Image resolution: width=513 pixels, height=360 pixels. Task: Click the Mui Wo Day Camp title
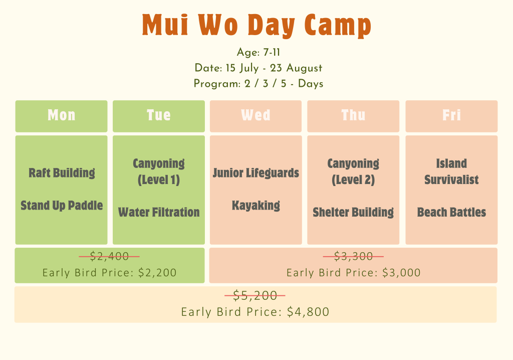256,25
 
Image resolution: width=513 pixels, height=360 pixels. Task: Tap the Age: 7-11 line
258,53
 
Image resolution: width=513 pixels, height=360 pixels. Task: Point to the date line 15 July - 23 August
258,68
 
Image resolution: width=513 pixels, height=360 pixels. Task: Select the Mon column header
62,115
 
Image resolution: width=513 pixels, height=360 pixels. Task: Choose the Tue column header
159,115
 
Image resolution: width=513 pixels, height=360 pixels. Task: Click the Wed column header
255,115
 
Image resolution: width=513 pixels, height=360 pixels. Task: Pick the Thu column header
353,115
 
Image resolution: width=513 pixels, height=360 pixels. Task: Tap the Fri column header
451,115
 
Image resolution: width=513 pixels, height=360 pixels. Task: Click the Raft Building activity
62,173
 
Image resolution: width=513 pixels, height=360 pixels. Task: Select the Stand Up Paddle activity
62,206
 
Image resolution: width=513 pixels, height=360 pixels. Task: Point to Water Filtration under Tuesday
159,212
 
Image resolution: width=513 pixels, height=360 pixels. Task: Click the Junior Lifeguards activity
256,173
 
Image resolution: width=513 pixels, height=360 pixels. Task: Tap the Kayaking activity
256,206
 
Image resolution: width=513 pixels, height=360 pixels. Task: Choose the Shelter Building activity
353,212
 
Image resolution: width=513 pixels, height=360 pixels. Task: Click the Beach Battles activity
451,212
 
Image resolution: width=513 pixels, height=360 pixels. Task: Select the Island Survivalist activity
451,171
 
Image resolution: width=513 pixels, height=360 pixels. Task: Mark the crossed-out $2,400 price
109,256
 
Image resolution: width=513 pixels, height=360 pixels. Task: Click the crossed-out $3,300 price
353,256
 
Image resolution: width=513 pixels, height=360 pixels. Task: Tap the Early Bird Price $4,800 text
255,312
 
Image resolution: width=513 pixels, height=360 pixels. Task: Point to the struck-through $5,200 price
255,295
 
